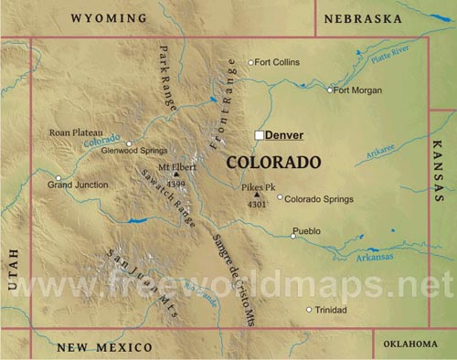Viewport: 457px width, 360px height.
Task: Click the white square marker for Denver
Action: point(260,135)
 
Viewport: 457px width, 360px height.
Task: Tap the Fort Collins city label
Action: point(278,62)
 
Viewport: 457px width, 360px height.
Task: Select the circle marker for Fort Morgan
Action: point(330,90)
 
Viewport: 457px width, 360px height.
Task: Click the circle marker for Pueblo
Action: point(293,236)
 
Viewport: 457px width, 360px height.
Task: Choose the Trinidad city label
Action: point(331,310)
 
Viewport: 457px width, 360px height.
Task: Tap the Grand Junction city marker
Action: point(58,178)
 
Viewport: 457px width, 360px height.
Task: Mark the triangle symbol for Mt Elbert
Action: point(175,175)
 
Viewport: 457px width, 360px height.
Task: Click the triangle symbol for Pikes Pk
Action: point(257,195)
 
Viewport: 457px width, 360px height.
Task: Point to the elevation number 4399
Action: point(176,184)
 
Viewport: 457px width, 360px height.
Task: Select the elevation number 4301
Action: point(257,205)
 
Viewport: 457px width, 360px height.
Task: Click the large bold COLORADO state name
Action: point(273,163)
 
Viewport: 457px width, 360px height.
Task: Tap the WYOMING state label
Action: point(109,18)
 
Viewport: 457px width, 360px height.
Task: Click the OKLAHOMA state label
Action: point(410,344)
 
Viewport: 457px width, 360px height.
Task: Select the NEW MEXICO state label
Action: point(104,347)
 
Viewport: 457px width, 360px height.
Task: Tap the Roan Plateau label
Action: point(76,132)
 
